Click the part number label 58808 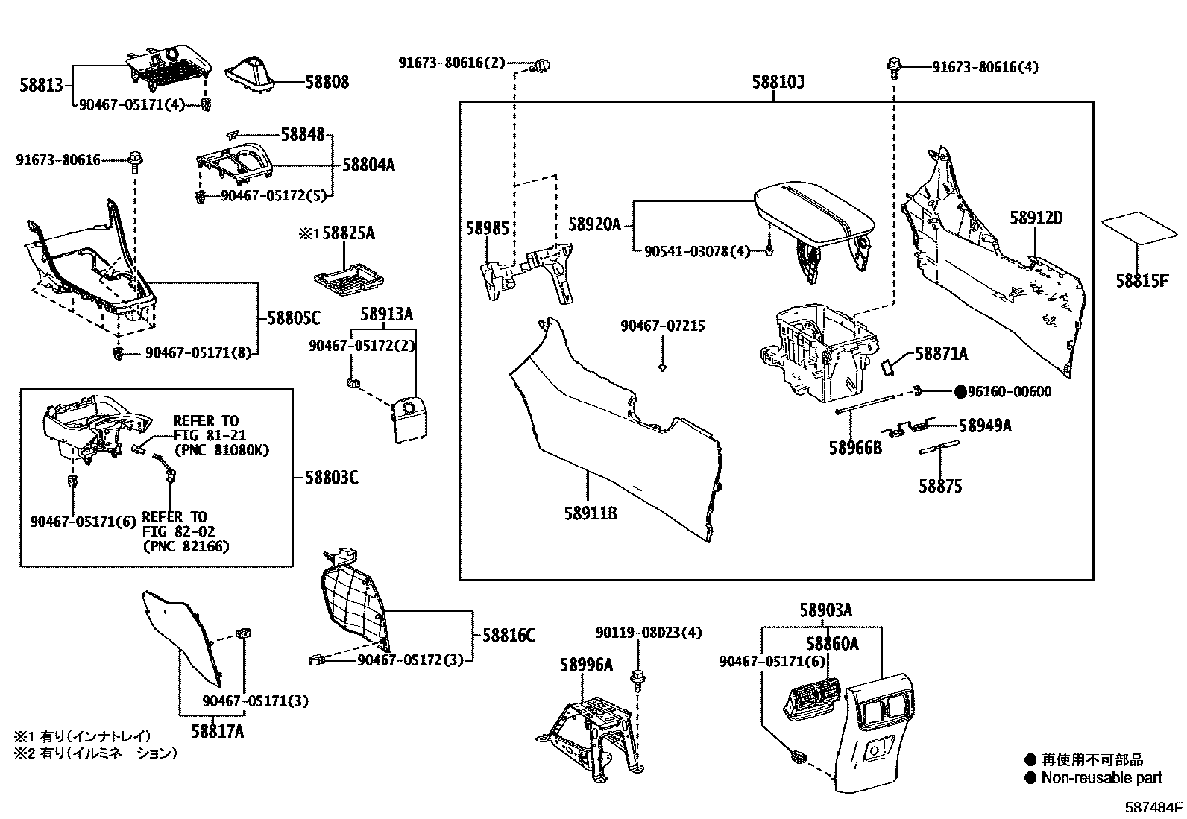tap(327, 82)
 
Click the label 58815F tap(1142, 281)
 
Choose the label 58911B tap(591, 513)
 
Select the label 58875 tap(940, 487)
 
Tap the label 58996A tap(587, 664)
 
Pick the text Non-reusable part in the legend tap(1101, 778)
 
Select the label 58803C tap(331, 477)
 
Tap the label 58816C tap(509, 636)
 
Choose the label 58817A tap(217, 731)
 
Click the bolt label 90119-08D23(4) tap(649, 633)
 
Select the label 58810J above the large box tap(778, 82)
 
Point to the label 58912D tap(1036, 218)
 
